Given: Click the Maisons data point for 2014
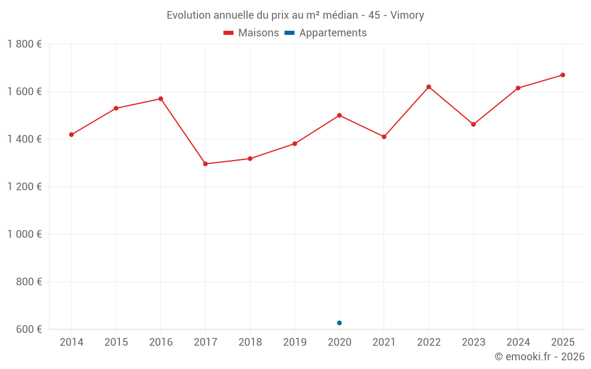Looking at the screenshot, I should pos(72,135).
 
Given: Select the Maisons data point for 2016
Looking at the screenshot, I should pos(161,99).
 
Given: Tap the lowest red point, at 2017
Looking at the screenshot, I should pos(205,164).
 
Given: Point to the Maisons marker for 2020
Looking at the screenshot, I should pos(339,115).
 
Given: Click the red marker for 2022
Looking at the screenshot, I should pos(428,87).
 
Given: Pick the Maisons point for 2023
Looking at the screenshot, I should pos(473,125).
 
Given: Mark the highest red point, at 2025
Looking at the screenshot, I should pos(563,75).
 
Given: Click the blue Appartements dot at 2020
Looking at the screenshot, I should pos(339,323).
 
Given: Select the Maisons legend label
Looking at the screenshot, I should pos(258,33).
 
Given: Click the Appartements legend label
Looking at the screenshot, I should pos(333,33).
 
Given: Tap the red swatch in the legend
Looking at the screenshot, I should pos(229,33).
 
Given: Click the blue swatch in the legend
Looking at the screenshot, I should pos(290,33).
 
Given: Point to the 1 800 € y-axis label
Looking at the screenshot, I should pos(24,44).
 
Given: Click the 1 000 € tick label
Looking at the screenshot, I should pos(24,234).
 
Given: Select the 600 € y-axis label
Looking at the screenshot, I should pos(28,329).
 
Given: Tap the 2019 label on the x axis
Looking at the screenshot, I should pos(294,342).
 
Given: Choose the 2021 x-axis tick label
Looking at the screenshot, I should pos(384,342).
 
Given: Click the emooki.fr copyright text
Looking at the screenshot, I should pos(539,357).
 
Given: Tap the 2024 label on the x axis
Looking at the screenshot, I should pos(518,342).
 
